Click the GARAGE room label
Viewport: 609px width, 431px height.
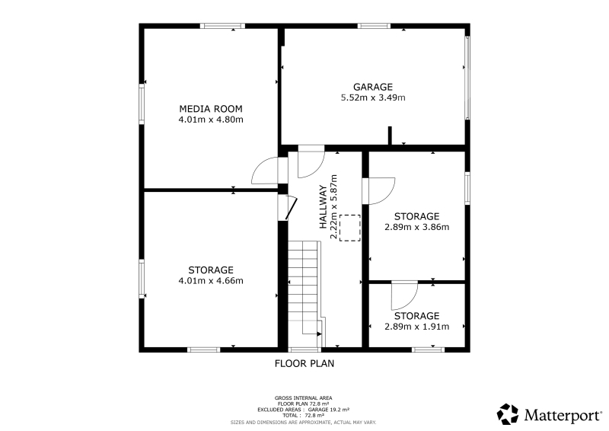[x=372, y=87]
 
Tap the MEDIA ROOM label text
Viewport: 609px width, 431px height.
[x=211, y=109]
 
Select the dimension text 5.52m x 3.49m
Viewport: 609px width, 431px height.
[x=373, y=97]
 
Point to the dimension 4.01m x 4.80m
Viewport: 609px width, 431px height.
[x=211, y=120]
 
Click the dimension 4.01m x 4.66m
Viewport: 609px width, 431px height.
[x=211, y=280]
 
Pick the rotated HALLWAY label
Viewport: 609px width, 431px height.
[x=323, y=207]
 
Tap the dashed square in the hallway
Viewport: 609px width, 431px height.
[x=350, y=228]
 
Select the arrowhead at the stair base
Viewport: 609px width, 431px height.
[x=319, y=334]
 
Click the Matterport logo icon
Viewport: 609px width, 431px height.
[x=508, y=414]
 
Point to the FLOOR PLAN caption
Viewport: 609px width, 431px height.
[x=304, y=364]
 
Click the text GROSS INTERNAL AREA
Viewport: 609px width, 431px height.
[x=303, y=398]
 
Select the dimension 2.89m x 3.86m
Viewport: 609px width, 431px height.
[x=416, y=227]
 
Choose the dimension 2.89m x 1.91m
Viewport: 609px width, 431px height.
[x=416, y=327]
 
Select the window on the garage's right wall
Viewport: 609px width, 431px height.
[x=467, y=78]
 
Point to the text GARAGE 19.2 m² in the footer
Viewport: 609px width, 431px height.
[x=329, y=410]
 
